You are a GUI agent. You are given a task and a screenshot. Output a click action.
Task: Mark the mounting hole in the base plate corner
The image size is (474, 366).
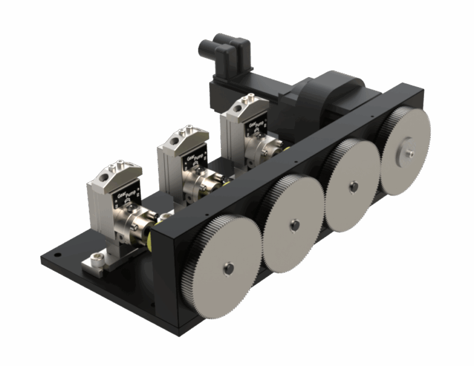(57, 253)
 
